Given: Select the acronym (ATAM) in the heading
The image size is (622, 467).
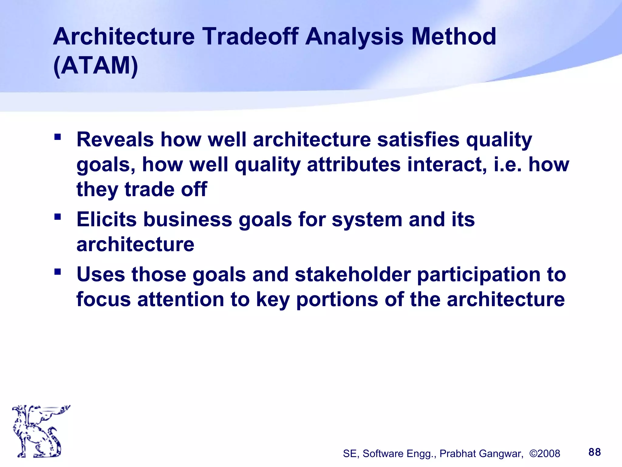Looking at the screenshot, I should click(96, 66).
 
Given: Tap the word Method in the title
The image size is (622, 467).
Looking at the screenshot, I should click(453, 36).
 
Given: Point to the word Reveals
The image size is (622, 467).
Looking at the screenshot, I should click(115, 140).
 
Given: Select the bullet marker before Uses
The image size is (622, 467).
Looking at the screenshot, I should click(58, 271).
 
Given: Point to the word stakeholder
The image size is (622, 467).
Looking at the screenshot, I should click(353, 275).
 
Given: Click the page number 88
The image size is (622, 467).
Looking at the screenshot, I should click(594, 452).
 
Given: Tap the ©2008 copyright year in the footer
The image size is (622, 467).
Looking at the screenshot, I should click(545, 454).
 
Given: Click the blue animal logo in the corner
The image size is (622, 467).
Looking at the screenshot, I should click(39, 431).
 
